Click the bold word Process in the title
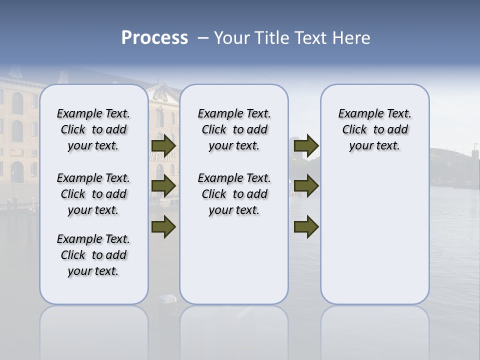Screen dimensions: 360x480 tap(154, 38)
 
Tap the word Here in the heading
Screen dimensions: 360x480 tap(350, 38)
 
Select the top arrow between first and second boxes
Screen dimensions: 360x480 tap(163, 146)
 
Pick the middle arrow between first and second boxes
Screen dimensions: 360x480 tap(163, 186)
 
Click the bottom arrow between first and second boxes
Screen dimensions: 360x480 tap(163, 227)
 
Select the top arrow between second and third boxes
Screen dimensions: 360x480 tap(306, 146)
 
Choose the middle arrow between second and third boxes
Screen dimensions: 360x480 tap(306, 186)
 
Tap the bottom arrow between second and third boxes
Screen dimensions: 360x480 tap(306, 227)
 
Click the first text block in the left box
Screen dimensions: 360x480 tap(93, 129)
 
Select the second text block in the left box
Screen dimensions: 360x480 tap(93, 194)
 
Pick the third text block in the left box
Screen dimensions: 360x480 tap(93, 255)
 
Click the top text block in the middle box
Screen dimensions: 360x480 tap(234, 129)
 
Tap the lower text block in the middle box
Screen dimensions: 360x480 tap(234, 194)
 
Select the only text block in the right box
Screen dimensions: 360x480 tap(374, 129)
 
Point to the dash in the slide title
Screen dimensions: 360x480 tap(203, 38)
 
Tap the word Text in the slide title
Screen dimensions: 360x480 tap(309, 38)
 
